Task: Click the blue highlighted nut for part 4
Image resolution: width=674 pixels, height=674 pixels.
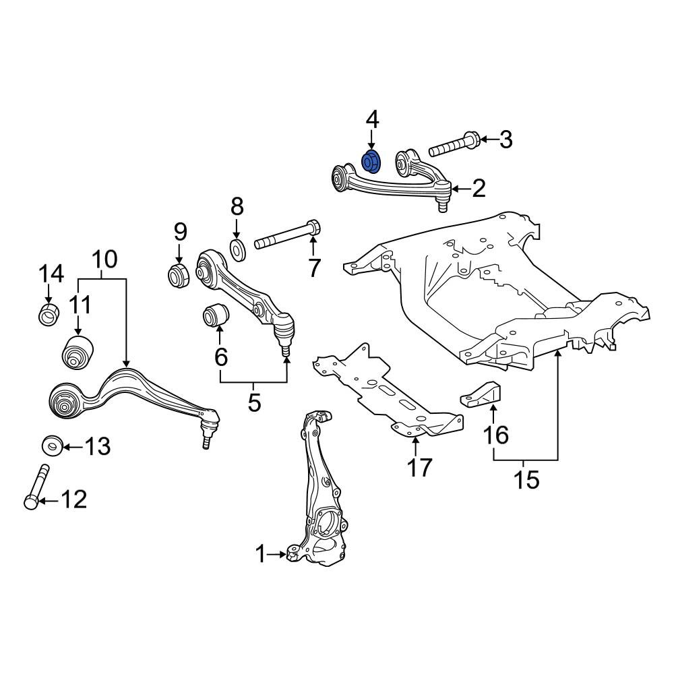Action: (371, 162)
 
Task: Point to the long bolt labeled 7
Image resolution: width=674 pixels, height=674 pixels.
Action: (288, 235)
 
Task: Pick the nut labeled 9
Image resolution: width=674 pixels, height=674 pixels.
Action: (178, 276)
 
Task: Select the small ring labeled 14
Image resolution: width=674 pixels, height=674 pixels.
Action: (49, 314)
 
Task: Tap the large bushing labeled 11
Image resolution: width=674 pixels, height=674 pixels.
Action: (78, 352)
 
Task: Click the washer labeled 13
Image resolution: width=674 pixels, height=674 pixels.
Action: (53, 446)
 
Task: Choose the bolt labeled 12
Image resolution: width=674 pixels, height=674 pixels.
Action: (37, 486)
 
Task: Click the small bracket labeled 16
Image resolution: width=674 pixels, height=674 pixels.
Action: (482, 394)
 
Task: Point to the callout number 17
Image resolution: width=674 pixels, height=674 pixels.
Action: (419, 468)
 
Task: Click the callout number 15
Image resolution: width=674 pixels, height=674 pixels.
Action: (527, 480)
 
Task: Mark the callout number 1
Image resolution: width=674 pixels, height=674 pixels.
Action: (261, 554)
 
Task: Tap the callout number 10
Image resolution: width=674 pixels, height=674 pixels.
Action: (104, 259)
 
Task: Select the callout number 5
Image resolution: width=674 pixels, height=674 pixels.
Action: (255, 403)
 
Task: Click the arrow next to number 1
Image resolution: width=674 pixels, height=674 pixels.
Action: (277, 555)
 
